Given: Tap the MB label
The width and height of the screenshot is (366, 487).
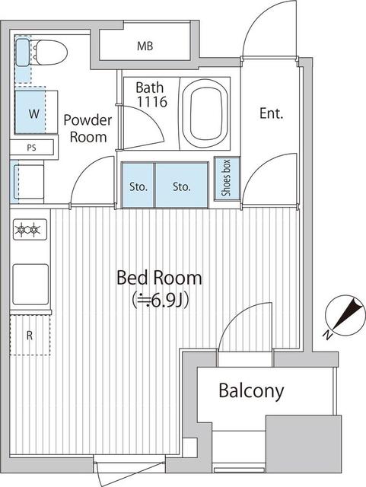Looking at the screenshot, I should [x=145, y=46].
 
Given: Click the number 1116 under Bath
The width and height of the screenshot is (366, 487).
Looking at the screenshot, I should [x=151, y=101].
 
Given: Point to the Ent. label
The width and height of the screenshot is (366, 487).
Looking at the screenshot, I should [x=271, y=114].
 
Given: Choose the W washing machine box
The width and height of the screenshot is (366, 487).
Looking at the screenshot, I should [x=33, y=113].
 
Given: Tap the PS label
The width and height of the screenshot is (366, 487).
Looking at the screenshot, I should [x=30, y=148].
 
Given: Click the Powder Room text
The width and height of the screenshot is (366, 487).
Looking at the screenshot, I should [x=87, y=128].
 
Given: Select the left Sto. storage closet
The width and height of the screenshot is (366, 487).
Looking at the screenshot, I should [x=138, y=186].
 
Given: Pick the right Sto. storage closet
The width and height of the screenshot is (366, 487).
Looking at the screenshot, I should [x=181, y=186].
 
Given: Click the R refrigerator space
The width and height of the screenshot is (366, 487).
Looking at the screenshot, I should [x=30, y=334].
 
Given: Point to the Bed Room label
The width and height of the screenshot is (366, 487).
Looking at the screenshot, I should [x=159, y=277].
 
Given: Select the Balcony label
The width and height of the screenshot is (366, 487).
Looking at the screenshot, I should [x=251, y=391].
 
